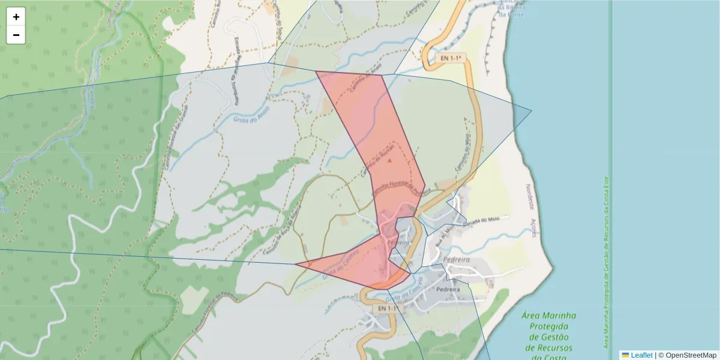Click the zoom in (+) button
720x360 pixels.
[x=16, y=17]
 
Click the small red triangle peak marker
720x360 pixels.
[x=389, y=161]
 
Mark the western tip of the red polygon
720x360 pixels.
[x=295, y=264]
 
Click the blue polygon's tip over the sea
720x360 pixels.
[x=532, y=110]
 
